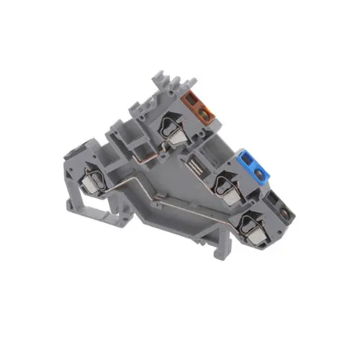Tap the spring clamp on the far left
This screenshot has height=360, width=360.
(x=94, y=179)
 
